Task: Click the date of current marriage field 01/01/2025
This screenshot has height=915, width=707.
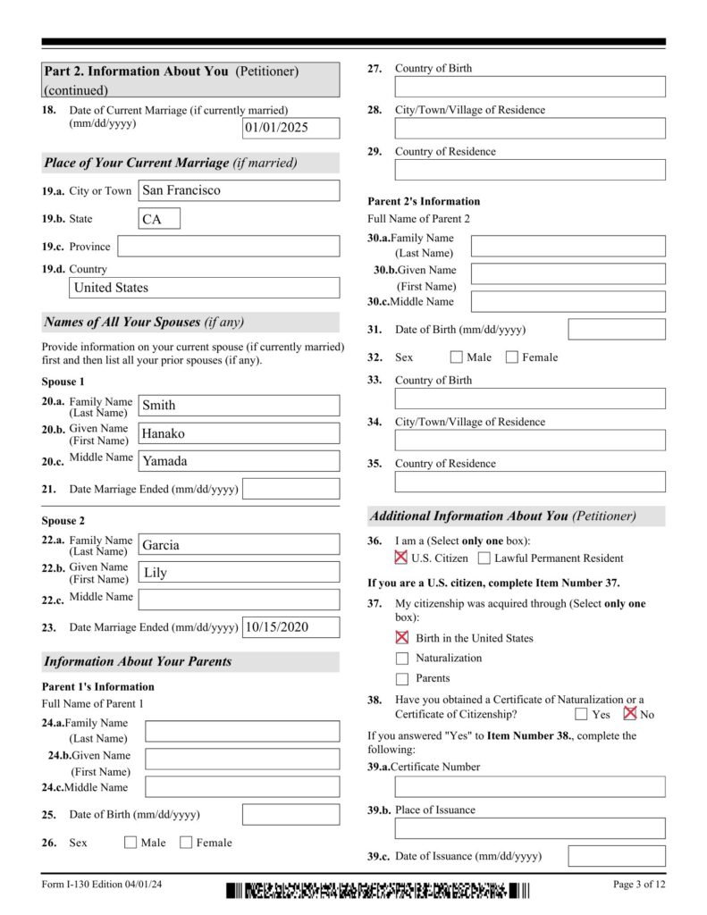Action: [291, 128]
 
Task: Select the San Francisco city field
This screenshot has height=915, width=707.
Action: [239, 190]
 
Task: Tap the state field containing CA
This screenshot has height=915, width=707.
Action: [159, 219]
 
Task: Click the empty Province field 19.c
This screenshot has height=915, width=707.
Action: [228, 247]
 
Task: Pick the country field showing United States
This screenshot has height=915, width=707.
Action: [205, 288]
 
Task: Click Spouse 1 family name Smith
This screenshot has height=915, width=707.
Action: [239, 406]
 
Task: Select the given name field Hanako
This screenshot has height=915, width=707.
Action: [239, 433]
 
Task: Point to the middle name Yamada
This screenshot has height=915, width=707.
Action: [239, 461]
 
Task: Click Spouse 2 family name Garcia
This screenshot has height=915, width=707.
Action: [239, 545]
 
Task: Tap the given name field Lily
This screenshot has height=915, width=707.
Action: [239, 572]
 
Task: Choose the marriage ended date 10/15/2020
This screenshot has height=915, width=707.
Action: [291, 627]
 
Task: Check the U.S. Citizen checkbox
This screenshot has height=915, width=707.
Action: [401, 558]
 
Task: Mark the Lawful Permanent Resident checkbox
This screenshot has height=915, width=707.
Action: [484, 558]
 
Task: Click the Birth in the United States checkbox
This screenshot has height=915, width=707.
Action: [402, 638]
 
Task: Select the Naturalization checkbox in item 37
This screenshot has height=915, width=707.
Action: [402, 659]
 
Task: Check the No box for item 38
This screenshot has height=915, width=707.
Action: [630, 714]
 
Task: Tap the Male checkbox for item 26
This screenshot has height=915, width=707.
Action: [130, 842]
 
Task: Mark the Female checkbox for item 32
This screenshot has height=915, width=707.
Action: [512, 357]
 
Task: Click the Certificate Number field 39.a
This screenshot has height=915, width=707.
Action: [530, 786]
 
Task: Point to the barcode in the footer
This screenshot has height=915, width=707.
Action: [377, 890]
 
